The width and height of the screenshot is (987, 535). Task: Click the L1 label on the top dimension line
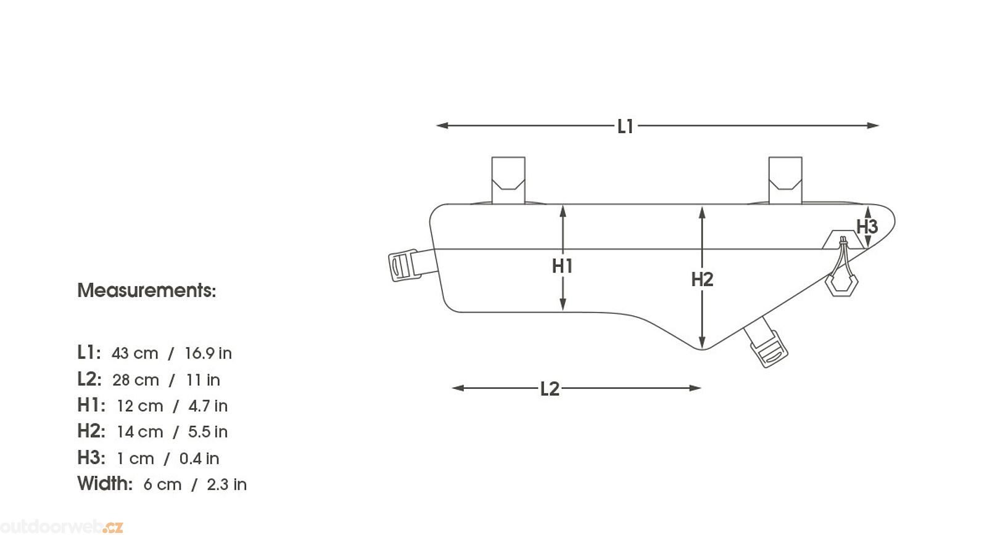(626, 126)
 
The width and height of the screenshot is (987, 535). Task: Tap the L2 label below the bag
(550, 389)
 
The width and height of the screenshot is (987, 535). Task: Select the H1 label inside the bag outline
(562, 266)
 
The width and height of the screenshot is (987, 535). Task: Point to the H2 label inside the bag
(702, 279)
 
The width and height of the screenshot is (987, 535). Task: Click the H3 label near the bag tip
(867, 227)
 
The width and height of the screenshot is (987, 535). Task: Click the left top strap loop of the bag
(508, 180)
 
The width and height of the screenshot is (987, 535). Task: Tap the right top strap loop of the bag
(785, 180)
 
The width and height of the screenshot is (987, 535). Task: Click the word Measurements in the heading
(147, 291)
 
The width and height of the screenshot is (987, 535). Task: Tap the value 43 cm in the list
(134, 353)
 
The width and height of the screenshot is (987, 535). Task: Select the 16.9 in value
(208, 353)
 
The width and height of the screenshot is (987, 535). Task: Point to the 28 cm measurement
(135, 380)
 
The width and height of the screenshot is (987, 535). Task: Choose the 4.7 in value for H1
(208, 406)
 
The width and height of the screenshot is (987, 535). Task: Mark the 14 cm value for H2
(139, 432)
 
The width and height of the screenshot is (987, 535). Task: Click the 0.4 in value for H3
(199, 459)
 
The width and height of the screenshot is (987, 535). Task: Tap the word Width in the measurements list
(105, 483)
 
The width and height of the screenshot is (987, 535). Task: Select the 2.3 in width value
(227, 484)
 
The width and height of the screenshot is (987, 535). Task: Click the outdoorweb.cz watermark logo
(61, 527)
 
